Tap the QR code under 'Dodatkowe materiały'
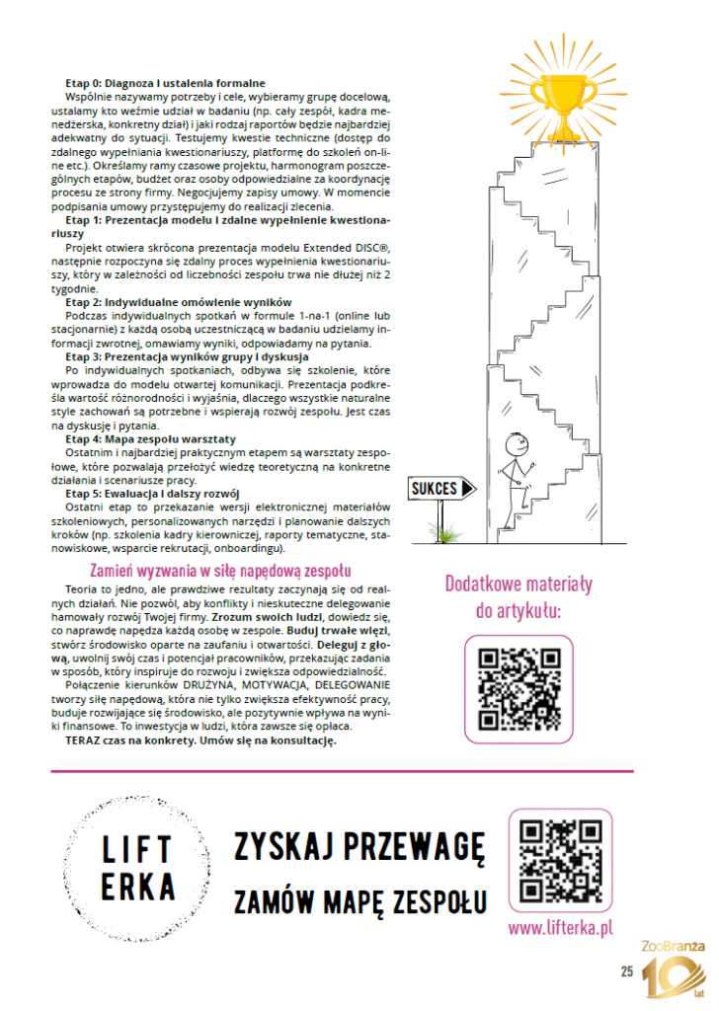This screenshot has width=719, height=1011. point(519,688)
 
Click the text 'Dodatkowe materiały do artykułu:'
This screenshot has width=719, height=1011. point(519,597)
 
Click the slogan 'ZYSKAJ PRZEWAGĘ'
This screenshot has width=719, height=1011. point(359,846)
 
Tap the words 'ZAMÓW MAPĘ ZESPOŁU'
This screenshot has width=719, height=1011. point(359,901)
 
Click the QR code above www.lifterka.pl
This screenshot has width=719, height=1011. point(560,862)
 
